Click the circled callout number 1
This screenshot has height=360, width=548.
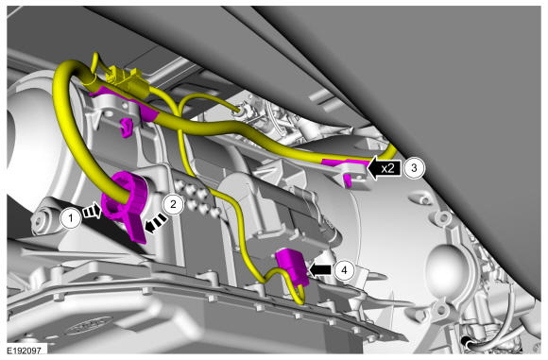click(x=71, y=218)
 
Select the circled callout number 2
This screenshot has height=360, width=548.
click(x=173, y=204)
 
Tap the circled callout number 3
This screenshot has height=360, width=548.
click(x=414, y=168)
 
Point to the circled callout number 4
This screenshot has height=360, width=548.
click(x=344, y=270)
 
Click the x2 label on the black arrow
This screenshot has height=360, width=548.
click(x=387, y=168)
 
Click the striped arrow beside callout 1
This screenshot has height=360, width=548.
click(x=92, y=212)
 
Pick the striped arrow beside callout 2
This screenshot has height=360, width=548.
click(x=156, y=223)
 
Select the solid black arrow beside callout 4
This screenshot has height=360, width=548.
click(x=320, y=270)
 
